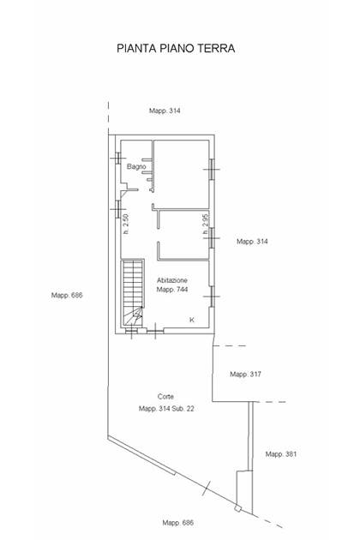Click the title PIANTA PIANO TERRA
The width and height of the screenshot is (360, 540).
click(x=176, y=48)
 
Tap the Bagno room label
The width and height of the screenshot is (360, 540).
click(x=136, y=166)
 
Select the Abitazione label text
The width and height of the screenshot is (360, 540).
click(x=172, y=280)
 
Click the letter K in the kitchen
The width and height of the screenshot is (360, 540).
click(x=192, y=320)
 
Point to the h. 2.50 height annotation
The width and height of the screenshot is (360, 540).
click(x=126, y=225)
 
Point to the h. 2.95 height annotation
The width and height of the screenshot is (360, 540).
click(x=206, y=225)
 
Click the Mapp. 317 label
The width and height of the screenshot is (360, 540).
click(x=246, y=374)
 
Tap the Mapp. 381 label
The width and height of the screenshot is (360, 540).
click(x=281, y=454)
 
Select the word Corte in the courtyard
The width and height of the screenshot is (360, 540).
click(x=165, y=397)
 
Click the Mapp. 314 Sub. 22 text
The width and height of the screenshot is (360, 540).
click(x=166, y=409)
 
